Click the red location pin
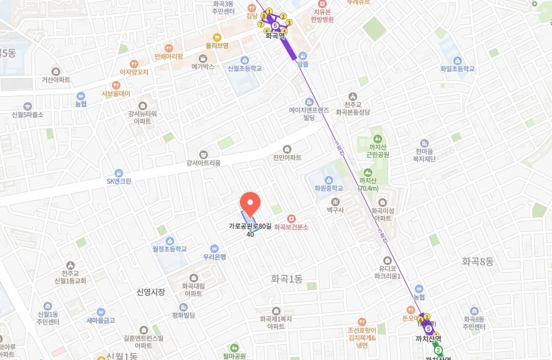[x=250, y=204]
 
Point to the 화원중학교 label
[x=329, y=188]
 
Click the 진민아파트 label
[x=287, y=157]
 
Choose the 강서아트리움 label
[x=204, y=162]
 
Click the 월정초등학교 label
[x=169, y=249]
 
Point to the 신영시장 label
[x=150, y=292]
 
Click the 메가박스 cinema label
[x=203, y=67]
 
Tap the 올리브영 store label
[x=217, y=46]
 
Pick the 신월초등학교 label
[x=245, y=68]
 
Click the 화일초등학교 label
[x=458, y=69]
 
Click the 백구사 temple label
[x=335, y=209]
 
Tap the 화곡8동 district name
[x=477, y=261]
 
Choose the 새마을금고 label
[x=101, y=320]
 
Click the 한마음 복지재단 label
[x=426, y=155]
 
